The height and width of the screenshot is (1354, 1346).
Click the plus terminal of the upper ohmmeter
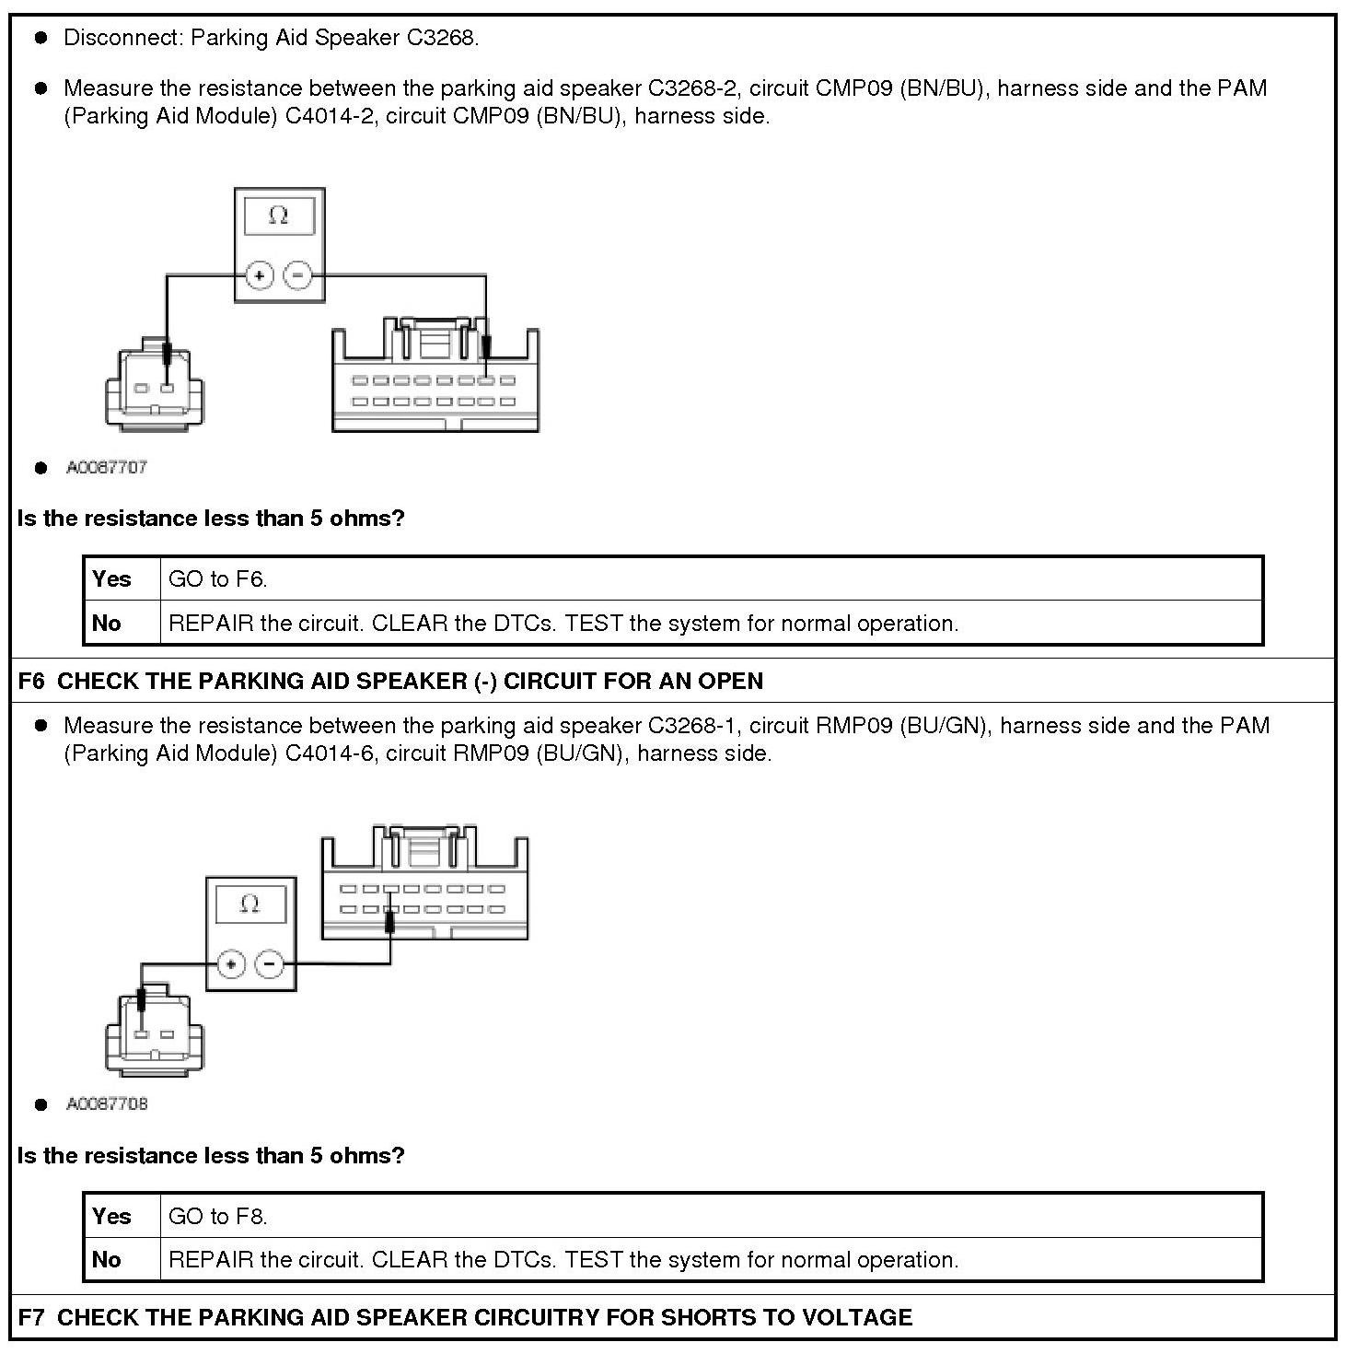[x=260, y=274]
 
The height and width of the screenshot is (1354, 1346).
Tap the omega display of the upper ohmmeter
[x=279, y=216]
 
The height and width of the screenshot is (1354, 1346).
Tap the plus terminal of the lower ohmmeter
[x=231, y=964]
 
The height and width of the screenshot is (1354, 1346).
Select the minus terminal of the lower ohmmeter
[x=269, y=964]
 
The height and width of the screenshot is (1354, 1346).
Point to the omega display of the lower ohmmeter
[x=249, y=904]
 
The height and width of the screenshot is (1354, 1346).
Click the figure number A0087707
[x=107, y=467]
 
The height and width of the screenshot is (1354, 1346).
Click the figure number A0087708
[x=107, y=1103]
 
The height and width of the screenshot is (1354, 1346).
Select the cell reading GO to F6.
[x=218, y=578]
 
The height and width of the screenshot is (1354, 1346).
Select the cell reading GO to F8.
[x=218, y=1216]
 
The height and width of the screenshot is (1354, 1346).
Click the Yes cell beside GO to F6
[x=111, y=578]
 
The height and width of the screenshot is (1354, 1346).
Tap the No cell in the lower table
[x=107, y=1259]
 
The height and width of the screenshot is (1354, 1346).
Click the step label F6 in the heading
[x=31, y=681]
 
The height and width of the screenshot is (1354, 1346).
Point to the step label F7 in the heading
[x=31, y=1317]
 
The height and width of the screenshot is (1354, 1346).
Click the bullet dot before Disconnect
[x=41, y=38]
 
